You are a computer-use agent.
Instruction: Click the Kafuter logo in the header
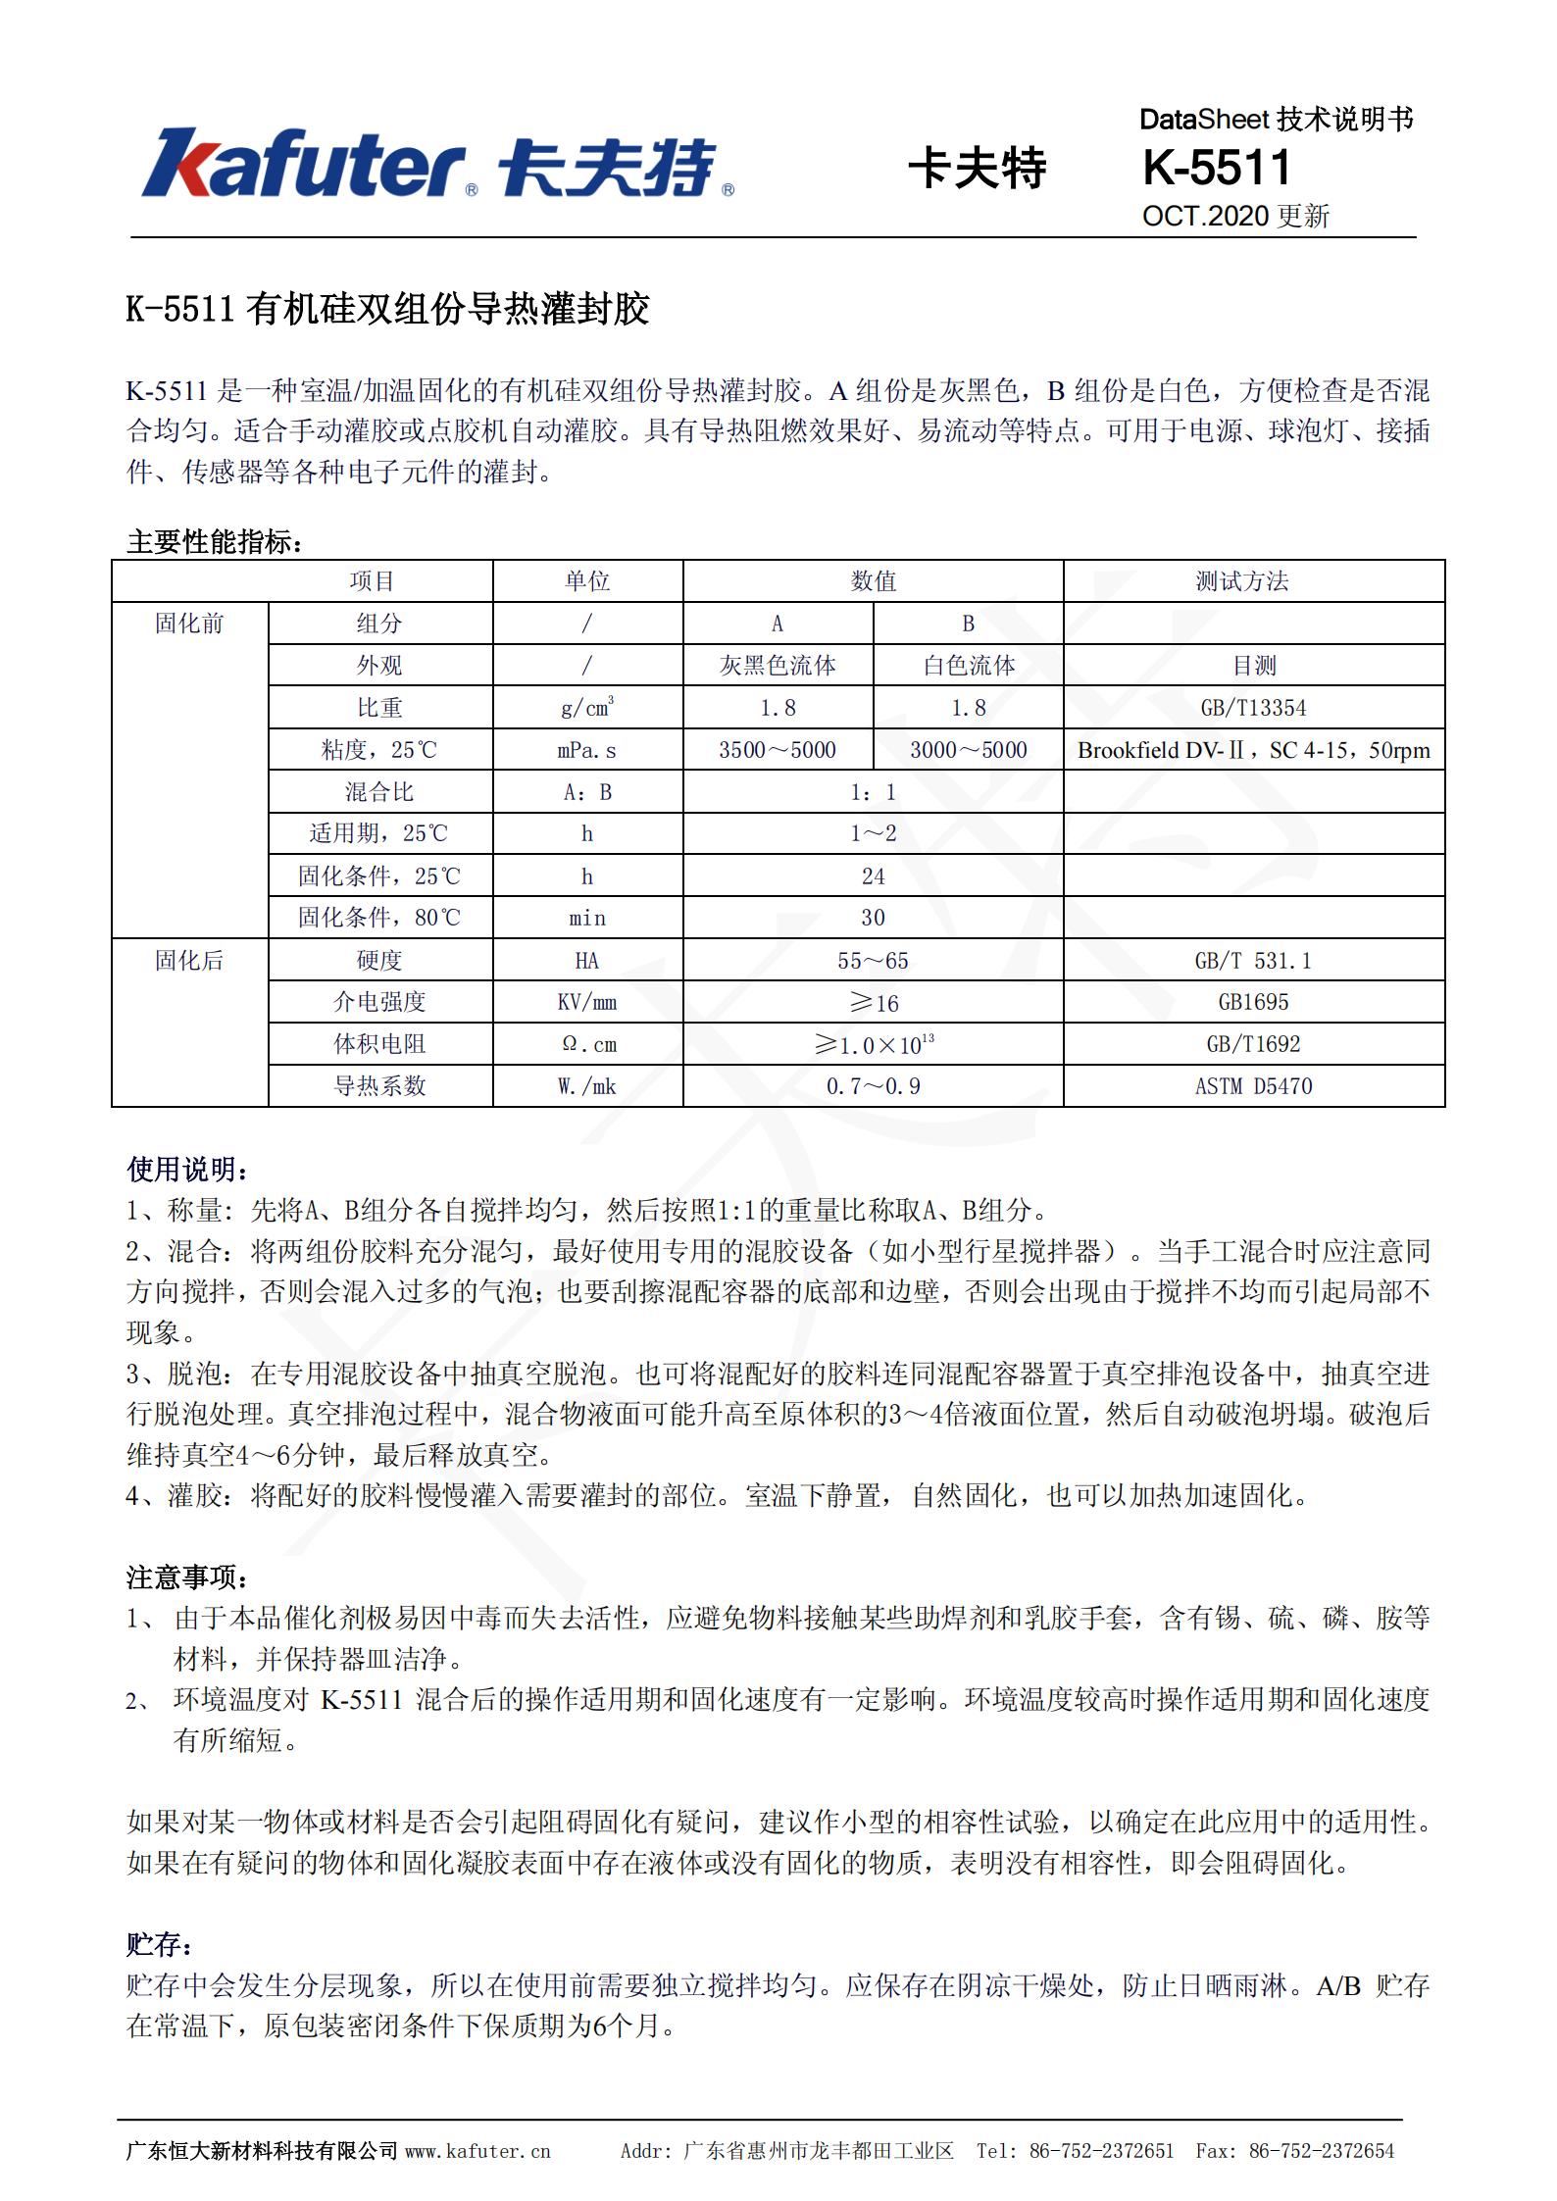pyautogui.click(x=437, y=164)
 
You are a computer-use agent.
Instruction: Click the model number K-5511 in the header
pyautogui.click(x=1217, y=168)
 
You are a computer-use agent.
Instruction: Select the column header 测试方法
pyautogui.click(x=1241, y=581)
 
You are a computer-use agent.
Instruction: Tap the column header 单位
pyautogui.click(x=587, y=581)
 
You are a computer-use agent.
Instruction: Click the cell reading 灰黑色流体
pyautogui.click(x=778, y=666)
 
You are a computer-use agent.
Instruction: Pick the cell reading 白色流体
pyautogui.click(x=968, y=666)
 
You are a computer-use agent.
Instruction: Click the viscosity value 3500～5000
pyautogui.click(x=778, y=750)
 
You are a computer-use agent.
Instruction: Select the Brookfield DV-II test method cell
pyautogui.click(x=1253, y=750)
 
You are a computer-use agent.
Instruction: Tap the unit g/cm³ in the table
pyautogui.click(x=587, y=707)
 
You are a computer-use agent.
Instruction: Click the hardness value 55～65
pyautogui.click(x=873, y=961)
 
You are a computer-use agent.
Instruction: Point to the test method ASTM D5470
pyautogui.click(x=1253, y=1086)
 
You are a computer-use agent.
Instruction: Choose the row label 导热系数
pyautogui.click(x=379, y=1086)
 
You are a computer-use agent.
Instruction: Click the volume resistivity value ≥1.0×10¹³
pyautogui.click(x=873, y=1044)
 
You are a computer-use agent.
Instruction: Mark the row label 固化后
pyautogui.click(x=189, y=961)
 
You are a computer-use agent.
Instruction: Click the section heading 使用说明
pyautogui.click(x=186, y=1169)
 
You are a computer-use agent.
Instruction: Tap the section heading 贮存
pyautogui.click(x=159, y=1944)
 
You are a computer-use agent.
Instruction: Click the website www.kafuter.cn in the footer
pyautogui.click(x=477, y=2151)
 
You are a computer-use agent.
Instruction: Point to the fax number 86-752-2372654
pyautogui.click(x=1321, y=2151)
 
